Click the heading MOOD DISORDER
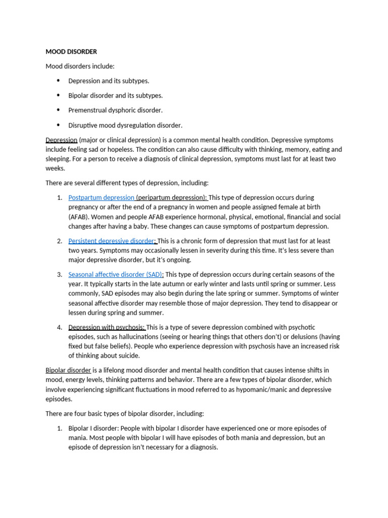click(71, 52)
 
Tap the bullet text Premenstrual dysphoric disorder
click(116, 110)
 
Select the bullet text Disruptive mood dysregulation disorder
click(125, 125)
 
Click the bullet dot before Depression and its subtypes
click(58, 80)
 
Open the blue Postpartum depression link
click(101, 197)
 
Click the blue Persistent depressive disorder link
click(111, 241)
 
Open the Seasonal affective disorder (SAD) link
click(115, 275)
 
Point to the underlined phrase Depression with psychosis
click(107, 327)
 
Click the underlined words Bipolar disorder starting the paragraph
click(68, 370)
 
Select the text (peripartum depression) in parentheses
click(171, 197)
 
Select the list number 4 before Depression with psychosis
click(59, 327)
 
